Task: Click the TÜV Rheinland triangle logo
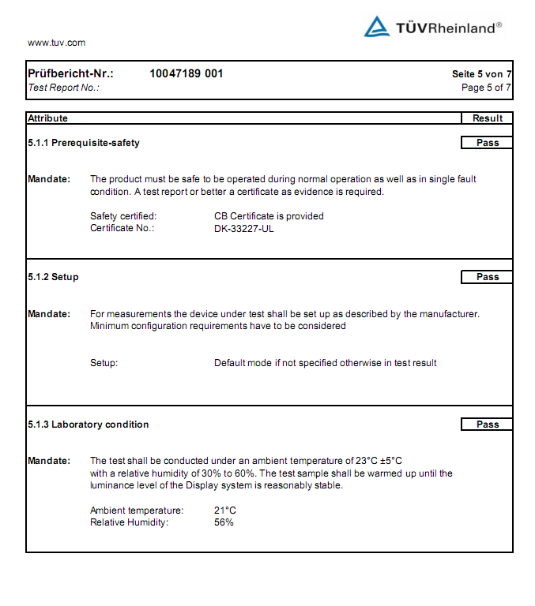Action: tap(376, 27)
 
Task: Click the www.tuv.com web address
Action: tap(56, 43)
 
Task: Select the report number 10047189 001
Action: tap(186, 73)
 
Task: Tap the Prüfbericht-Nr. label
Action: tap(70, 73)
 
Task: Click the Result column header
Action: tap(487, 118)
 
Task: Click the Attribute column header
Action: tap(48, 118)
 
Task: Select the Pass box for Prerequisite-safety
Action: tap(487, 143)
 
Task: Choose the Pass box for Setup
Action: tap(487, 277)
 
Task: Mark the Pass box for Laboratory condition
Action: tap(487, 425)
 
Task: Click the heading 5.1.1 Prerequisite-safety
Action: tap(84, 143)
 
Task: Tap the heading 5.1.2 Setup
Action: tap(53, 277)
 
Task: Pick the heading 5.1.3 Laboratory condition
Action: tap(88, 425)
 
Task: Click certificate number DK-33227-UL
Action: tap(244, 228)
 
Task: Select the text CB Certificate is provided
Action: tap(269, 216)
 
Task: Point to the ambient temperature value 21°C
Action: tap(225, 511)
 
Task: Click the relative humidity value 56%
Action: tap(224, 522)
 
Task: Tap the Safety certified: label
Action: tap(123, 216)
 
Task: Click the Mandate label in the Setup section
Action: tap(48, 314)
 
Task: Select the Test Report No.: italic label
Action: tap(64, 88)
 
